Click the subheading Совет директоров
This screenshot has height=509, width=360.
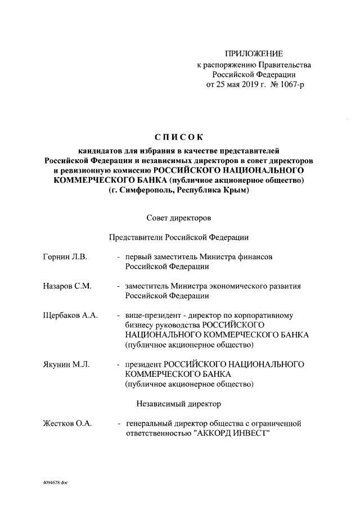point(178,217)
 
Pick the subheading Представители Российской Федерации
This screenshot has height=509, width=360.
point(178,237)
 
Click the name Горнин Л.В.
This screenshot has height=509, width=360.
point(65,256)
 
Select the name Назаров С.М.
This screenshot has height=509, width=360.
point(67,286)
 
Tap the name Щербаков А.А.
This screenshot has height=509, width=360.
point(70,316)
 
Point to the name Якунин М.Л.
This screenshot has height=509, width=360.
point(66,364)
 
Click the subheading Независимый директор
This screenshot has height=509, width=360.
point(178,403)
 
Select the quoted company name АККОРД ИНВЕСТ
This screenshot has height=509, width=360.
point(232,433)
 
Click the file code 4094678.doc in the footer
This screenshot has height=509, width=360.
point(55,483)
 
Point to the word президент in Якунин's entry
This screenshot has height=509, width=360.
point(143,364)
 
